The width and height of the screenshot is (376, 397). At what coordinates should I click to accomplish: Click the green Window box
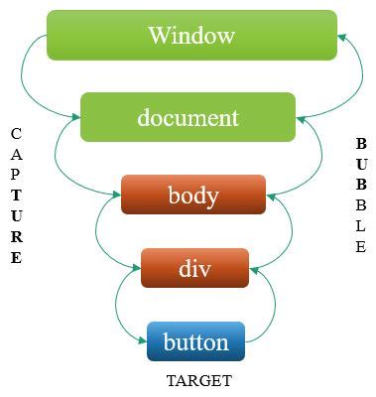point(191,36)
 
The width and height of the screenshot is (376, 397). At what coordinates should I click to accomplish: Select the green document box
point(188,117)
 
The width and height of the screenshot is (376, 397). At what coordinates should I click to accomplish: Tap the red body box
point(193,195)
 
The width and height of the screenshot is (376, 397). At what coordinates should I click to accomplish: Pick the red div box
point(193,268)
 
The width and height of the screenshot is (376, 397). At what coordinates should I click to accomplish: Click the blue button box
point(195,342)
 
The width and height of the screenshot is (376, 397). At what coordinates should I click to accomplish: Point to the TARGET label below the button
point(199,381)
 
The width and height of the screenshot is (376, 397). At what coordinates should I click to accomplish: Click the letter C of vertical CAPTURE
point(16,132)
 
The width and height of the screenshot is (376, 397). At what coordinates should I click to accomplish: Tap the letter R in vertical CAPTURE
point(16,237)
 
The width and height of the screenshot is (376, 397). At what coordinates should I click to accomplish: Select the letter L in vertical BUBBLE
point(361,227)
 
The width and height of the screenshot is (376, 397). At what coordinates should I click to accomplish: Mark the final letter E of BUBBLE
point(361,248)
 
